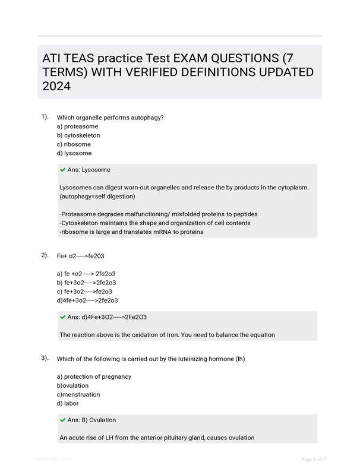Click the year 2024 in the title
(x=56, y=87)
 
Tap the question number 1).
(x=45, y=116)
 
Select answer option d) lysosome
(x=74, y=153)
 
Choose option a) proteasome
(x=77, y=126)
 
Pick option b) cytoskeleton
(x=78, y=135)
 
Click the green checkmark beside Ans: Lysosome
(x=62, y=170)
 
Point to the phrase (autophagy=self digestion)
(x=97, y=197)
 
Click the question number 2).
(x=45, y=255)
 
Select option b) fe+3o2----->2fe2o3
(x=86, y=283)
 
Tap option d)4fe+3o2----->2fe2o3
(x=87, y=300)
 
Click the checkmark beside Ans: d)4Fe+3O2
(x=62, y=317)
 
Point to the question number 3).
(x=45, y=358)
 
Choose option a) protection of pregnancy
(x=94, y=376)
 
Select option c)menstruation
(x=78, y=394)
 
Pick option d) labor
(x=68, y=403)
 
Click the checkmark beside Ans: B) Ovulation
(x=62, y=420)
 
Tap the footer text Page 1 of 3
(x=314, y=459)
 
